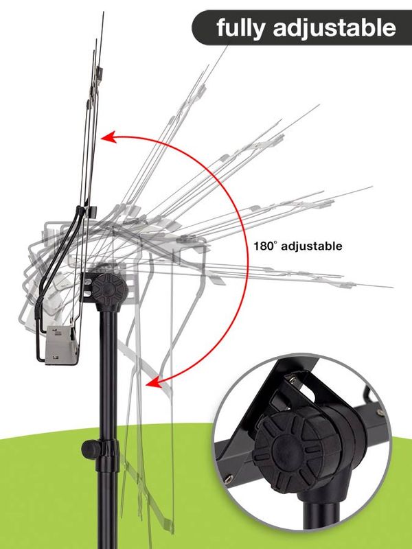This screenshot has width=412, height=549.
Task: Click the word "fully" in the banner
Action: (x=240, y=28)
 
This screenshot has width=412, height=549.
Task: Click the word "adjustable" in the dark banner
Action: (x=334, y=27)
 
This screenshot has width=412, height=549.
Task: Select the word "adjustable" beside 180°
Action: (x=312, y=246)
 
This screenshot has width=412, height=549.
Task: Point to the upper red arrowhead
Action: (x=108, y=137)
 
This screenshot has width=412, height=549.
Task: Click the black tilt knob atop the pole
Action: (x=110, y=290)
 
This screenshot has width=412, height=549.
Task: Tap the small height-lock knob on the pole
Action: (x=89, y=449)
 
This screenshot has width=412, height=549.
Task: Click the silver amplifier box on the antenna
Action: (x=60, y=345)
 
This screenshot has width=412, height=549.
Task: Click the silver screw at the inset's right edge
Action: (x=381, y=412)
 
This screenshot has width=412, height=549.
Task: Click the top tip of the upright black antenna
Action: (x=104, y=12)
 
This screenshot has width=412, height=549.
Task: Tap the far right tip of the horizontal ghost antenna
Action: (x=391, y=287)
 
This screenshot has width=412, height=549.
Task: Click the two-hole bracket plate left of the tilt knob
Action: (x=87, y=287)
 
